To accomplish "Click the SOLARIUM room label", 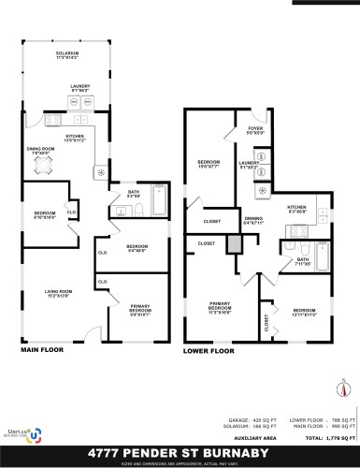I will [67, 54].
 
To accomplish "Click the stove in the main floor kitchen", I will [99, 172].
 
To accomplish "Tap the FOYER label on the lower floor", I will [255, 128].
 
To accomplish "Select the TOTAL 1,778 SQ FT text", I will [327, 438].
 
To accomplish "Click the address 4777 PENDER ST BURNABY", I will [180, 451].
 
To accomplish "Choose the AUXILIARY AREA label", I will [251, 438].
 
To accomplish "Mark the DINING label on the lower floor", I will [253, 221].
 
